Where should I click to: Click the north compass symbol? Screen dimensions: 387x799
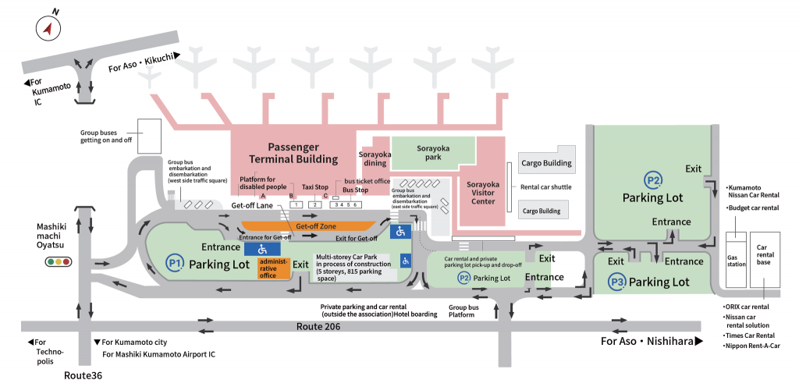click(x=49, y=29)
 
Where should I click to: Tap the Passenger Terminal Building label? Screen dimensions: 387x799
click(x=293, y=153)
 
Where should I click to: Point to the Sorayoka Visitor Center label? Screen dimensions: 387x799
click(x=482, y=192)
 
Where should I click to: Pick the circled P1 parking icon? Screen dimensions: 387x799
click(x=175, y=263)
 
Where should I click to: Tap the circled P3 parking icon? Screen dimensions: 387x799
click(x=618, y=281)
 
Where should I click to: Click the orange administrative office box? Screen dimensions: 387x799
click(x=274, y=267)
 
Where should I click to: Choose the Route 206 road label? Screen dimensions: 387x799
click(x=322, y=327)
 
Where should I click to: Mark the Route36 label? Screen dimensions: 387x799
click(x=83, y=375)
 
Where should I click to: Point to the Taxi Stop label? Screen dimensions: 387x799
click(x=315, y=187)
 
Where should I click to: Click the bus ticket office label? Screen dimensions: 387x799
click(x=367, y=181)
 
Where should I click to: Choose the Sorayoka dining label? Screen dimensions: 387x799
click(x=374, y=159)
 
